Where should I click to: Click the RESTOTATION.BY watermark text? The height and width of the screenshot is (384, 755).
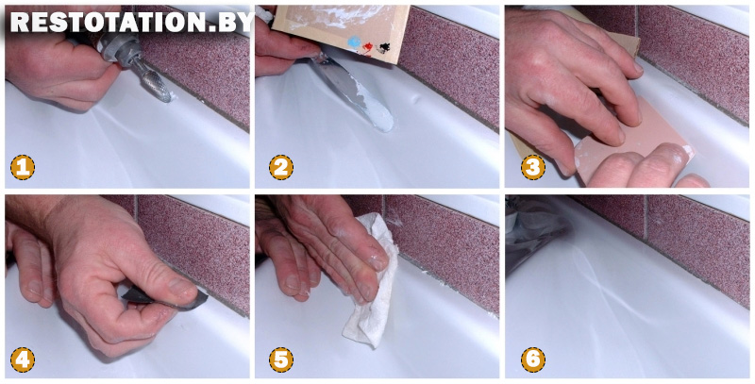(131, 22)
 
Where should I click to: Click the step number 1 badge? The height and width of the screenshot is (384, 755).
(22, 167)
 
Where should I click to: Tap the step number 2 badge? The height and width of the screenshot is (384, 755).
(281, 167)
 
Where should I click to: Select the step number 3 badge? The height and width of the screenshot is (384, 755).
(533, 167)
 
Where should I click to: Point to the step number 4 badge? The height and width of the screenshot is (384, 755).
(22, 359)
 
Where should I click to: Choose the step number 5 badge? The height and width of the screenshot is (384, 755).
(281, 359)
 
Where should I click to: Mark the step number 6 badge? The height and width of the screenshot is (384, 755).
(533, 359)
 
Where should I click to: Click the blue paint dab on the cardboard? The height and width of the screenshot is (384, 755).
(355, 42)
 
